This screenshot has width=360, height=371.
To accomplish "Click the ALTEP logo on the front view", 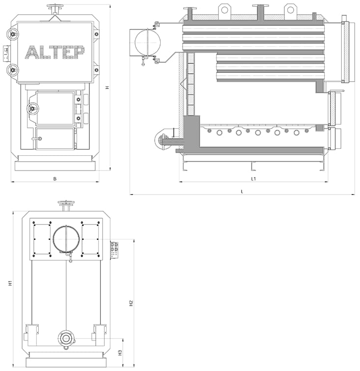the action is (55, 52).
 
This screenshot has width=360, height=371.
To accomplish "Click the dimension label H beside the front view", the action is (108, 87).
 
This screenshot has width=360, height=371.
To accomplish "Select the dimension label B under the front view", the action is (55, 179).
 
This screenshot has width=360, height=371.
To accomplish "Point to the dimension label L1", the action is (253, 179).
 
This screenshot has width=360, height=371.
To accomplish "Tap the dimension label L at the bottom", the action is (242, 192).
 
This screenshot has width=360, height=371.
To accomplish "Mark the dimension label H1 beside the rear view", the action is (10, 283).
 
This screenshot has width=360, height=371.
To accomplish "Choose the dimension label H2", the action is (131, 303).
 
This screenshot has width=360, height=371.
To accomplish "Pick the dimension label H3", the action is (120, 353).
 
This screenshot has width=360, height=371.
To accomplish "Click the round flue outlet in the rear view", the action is (66, 239).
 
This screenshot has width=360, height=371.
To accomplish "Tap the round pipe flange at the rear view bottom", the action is (66, 339).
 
